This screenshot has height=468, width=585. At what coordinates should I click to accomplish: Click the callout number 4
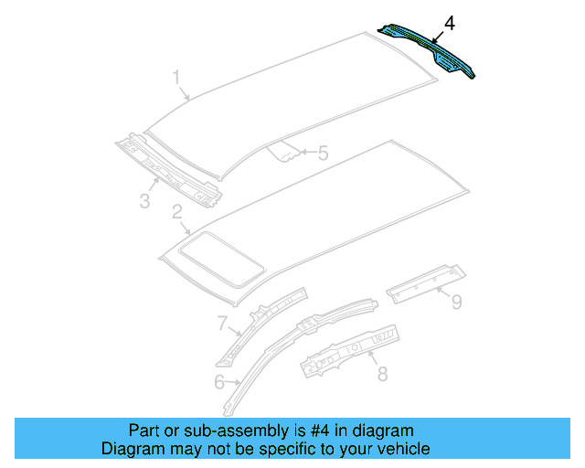click(x=448, y=22)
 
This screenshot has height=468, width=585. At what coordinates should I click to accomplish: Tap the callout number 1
click(x=176, y=79)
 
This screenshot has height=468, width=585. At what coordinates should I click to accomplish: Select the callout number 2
click(x=176, y=213)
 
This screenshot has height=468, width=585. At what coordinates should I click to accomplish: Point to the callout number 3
click(x=144, y=200)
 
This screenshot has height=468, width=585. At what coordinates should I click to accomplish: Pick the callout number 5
click(x=322, y=154)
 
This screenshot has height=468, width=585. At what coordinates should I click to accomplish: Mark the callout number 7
click(x=221, y=322)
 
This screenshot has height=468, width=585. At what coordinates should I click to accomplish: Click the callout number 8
click(x=382, y=372)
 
